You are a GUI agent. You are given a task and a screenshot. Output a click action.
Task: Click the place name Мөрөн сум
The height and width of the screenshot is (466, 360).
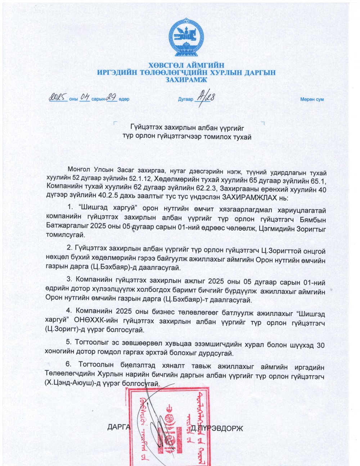(x=312, y=99)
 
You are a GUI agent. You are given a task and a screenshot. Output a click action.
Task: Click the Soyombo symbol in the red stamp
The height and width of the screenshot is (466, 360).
(x=167, y=428)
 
